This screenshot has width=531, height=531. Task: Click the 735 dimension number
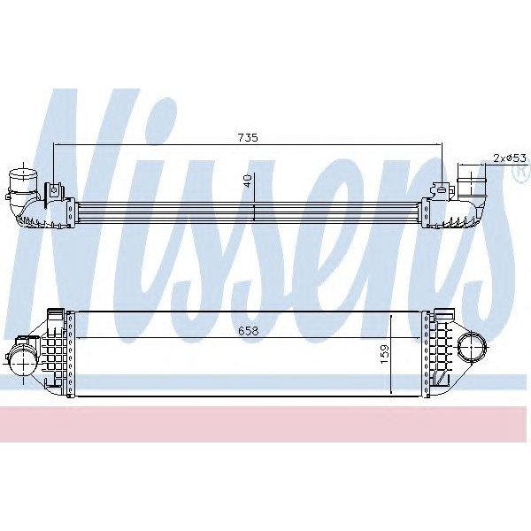(248, 138)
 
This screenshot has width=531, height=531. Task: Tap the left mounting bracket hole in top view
(55, 189)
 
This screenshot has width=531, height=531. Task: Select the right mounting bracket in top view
(441, 189)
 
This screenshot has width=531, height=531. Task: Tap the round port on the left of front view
(19, 359)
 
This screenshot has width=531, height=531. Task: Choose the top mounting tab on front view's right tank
(438, 312)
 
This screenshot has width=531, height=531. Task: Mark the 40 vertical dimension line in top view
(254, 212)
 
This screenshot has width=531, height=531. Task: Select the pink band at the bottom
(265, 425)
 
